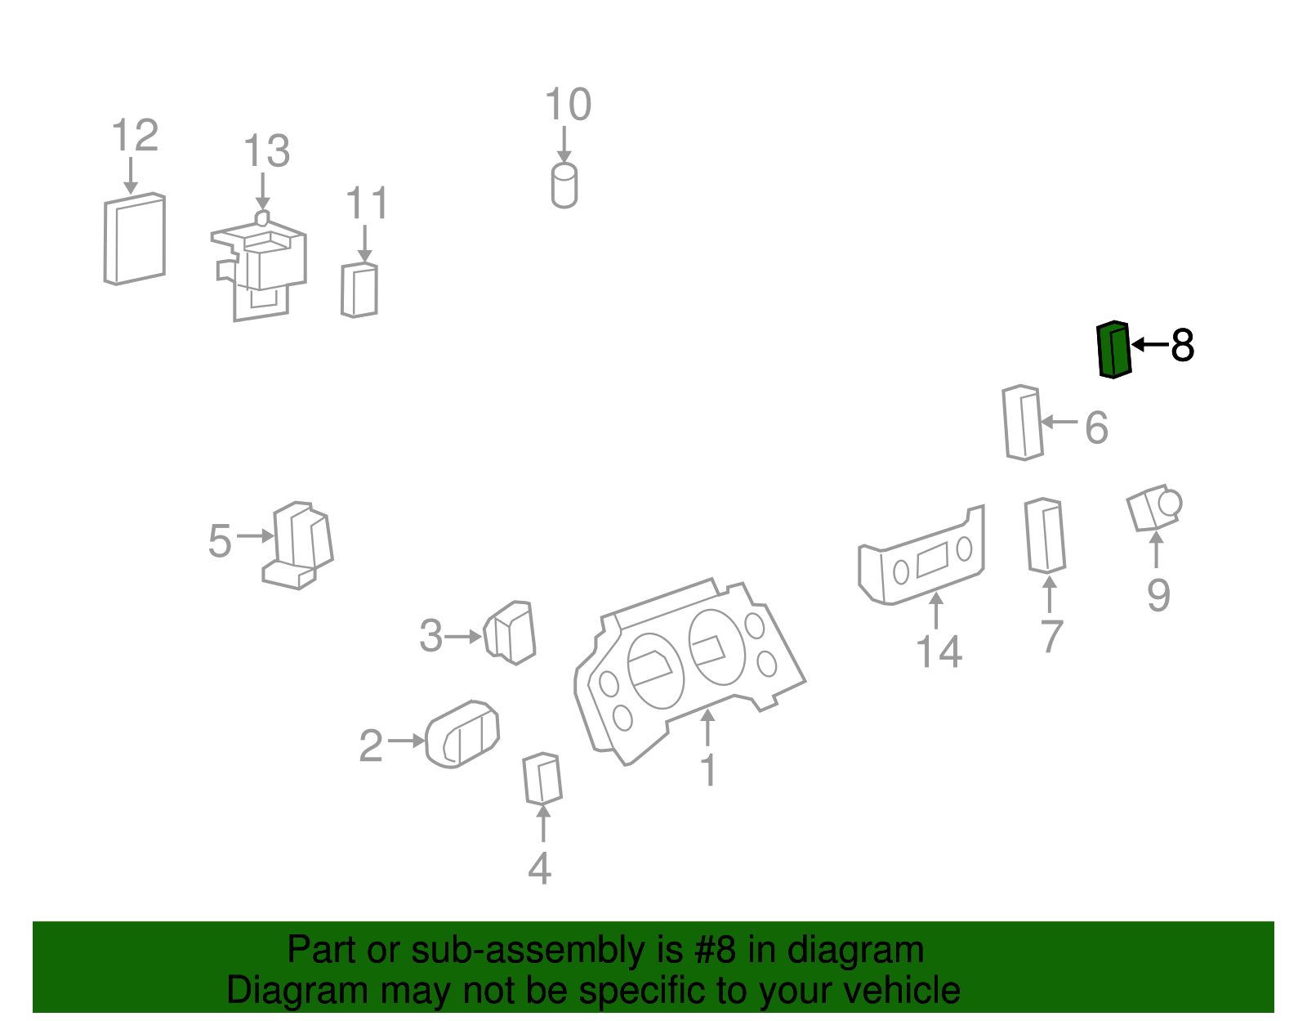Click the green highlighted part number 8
(x=1113, y=350)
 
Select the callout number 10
(x=568, y=104)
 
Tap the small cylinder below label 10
(x=564, y=186)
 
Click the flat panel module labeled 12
(x=135, y=239)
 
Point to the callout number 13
(x=266, y=150)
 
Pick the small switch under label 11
(x=359, y=290)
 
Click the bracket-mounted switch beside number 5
(x=298, y=545)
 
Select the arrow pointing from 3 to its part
(x=464, y=636)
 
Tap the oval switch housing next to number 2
(x=462, y=734)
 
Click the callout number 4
(x=539, y=868)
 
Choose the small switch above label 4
(x=542, y=778)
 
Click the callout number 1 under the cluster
(x=709, y=769)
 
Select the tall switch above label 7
(x=1045, y=535)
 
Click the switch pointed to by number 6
(x=1023, y=423)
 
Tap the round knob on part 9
(x=1170, y=504)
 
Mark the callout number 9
(x=1158, y=595)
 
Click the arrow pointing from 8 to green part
(x=1150, y=345)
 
